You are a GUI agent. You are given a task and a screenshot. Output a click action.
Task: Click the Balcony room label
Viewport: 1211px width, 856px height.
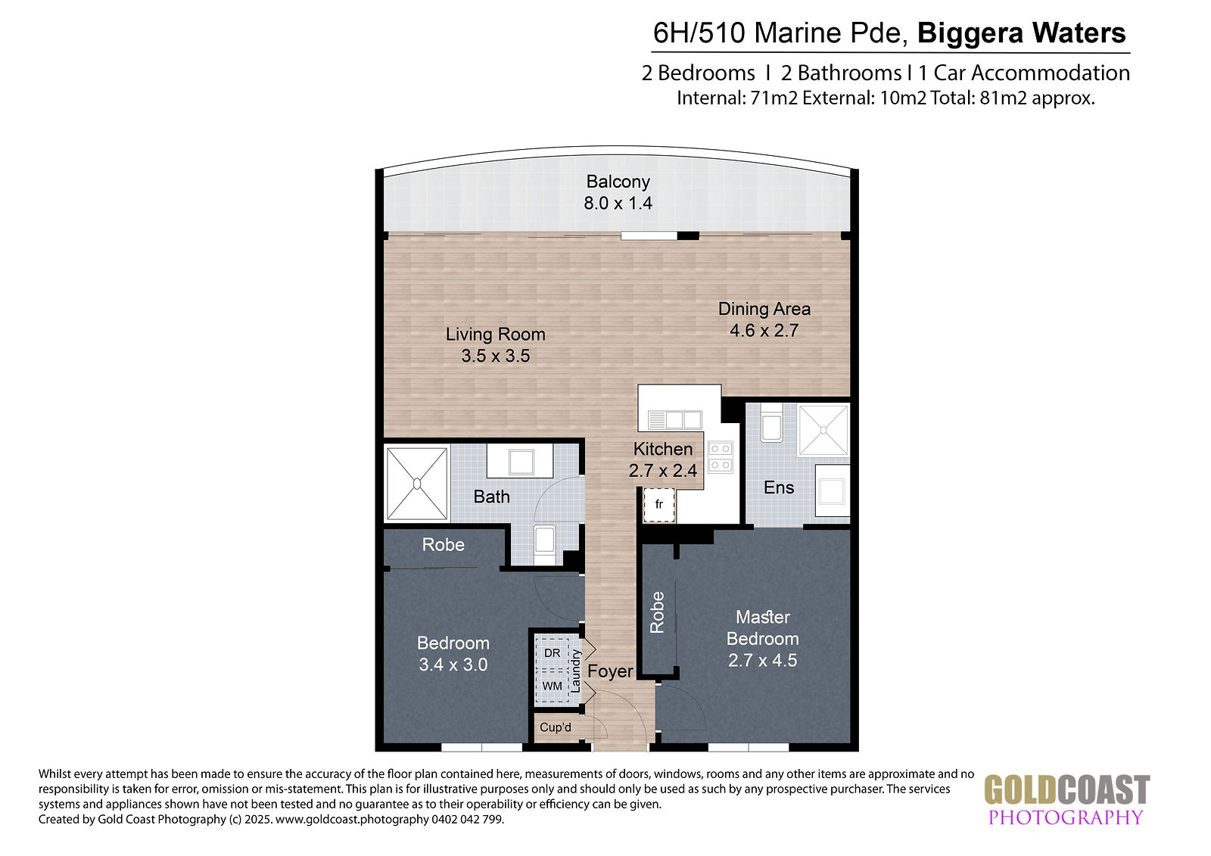[618, 182]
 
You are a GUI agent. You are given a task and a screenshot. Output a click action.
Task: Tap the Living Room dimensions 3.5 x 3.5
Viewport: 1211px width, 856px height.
[496, 356]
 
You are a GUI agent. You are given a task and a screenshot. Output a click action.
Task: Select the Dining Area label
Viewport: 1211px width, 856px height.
[764, 309]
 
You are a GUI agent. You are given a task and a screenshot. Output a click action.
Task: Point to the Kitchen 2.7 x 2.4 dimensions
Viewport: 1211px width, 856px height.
[663, 471]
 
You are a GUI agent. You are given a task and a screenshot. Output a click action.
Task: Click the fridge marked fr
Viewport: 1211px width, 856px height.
[659, 505]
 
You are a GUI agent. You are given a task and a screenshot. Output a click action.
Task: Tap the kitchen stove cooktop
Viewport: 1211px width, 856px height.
[721, 457]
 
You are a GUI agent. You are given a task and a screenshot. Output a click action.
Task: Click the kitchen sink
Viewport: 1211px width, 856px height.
[674, 419]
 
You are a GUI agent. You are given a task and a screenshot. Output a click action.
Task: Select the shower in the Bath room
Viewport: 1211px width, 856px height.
[417, 483]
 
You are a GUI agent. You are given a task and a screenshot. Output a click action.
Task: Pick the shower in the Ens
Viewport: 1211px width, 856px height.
[823, 430]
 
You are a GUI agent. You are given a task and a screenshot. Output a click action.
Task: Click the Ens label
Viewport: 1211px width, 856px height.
[779, 487]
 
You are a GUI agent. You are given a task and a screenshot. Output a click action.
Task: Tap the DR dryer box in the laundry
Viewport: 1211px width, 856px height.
[552, 653]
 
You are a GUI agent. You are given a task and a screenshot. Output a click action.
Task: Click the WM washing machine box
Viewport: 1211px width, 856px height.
[552, 686]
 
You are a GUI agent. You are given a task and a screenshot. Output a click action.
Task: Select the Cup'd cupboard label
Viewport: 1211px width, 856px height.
[556, 727]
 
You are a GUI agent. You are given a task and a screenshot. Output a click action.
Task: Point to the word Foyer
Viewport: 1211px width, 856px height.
[610, 671]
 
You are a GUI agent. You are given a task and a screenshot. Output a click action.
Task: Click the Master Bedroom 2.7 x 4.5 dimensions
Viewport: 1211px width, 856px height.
[762, 660]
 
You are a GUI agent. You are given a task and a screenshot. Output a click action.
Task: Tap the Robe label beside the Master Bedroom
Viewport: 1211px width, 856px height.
[657, 612]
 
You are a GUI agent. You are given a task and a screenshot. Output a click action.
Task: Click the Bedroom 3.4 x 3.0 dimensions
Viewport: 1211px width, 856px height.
[453, 664]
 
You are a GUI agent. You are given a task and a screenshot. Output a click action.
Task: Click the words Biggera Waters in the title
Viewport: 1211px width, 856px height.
[1021, 33]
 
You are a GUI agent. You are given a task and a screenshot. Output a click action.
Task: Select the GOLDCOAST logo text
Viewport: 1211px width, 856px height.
[1066, 790]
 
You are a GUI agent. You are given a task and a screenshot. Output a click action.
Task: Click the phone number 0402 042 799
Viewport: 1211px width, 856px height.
[468, 819]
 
